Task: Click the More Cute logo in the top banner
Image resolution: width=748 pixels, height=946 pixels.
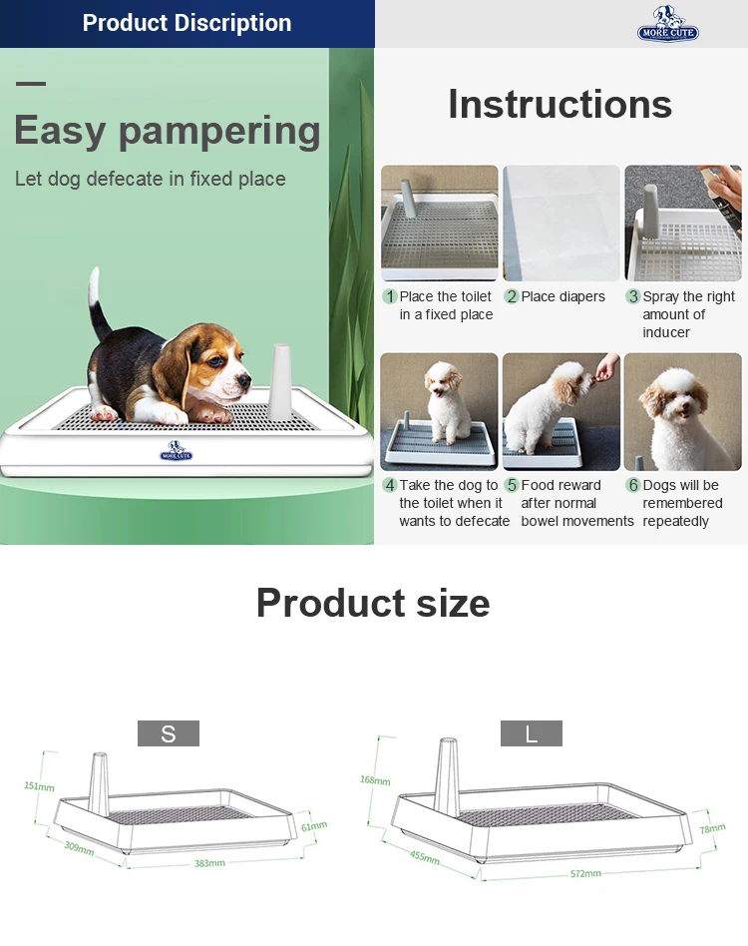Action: tap(668, 24)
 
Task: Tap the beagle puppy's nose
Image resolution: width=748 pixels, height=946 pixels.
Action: tap(244, 380)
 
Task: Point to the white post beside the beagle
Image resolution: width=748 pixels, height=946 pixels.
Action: tap(280, 381)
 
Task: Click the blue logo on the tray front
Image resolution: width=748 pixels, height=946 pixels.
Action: tap(176, 451)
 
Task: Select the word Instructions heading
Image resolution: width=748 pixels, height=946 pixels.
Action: tap(560, 105)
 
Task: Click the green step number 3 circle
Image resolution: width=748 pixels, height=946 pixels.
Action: tap(633, 296)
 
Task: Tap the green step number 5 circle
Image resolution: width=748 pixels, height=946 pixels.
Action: tap(512, 485)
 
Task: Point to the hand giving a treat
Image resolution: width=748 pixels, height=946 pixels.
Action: tap(606, 366)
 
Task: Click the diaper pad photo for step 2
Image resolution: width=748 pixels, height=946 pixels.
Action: tap(561, 223)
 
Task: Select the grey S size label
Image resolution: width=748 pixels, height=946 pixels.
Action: tap(169, 733)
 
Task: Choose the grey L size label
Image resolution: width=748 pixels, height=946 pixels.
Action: tap(531, 733)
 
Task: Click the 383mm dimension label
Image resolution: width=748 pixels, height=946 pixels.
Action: tap(209, 863)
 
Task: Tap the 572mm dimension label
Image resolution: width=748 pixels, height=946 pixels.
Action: tap(585, 873)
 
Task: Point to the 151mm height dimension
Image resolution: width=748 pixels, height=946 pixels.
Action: tap(39, 786)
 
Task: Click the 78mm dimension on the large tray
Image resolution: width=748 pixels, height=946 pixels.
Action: tap(712, 828)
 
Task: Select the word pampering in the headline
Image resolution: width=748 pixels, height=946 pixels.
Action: tap(219, 132)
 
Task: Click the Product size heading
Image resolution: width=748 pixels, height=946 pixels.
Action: tap(373, 603)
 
